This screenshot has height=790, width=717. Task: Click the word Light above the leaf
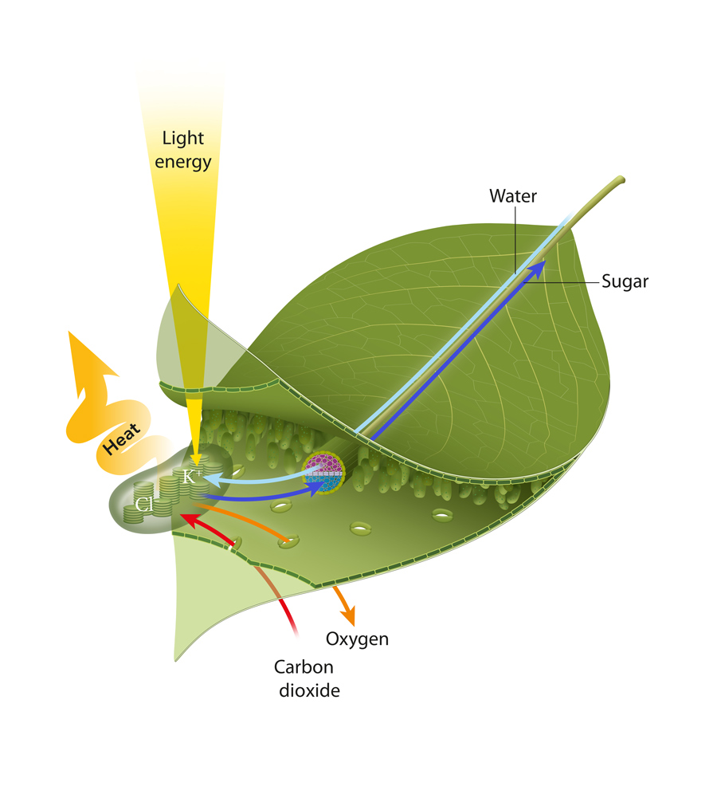click(x=183, y=138)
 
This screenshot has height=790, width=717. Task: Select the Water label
click(x=514, y=195)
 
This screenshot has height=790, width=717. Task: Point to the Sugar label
click(x=625, y=281)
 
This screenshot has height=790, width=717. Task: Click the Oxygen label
click(x=358, y=639)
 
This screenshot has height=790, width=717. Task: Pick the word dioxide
click(x=309, y=690)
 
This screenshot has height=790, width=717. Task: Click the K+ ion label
click(x=192, y=477)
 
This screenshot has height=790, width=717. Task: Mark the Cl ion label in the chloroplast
click(x=144, y=504)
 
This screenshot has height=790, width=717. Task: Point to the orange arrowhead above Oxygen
click(x=347, y=617)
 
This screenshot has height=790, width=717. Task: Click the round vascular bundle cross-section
click(x=323, y=474)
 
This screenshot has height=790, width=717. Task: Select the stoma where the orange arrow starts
click(x=292, y=543)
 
